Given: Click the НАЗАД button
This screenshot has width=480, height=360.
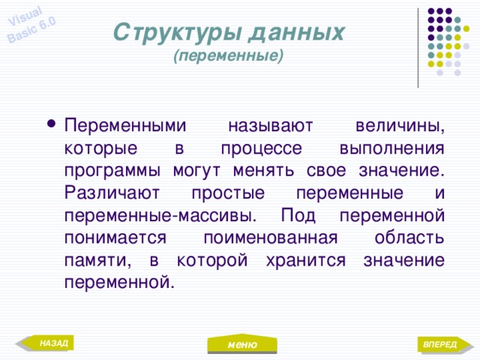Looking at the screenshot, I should (53, 343).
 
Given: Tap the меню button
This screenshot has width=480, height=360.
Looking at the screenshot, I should (243, 344).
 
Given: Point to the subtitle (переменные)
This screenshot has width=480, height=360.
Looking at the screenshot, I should (228, 55).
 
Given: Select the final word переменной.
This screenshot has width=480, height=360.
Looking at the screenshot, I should (119, 281).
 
